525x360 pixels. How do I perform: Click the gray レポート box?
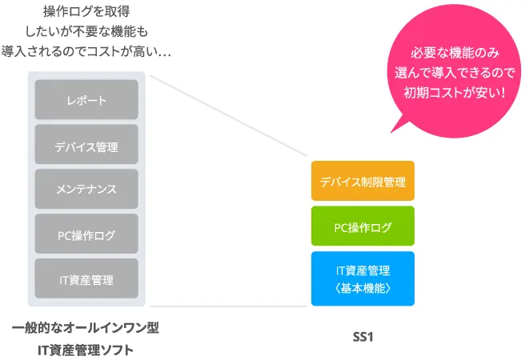pyautogui.click(x=86, y=100)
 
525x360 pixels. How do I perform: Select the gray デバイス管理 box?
pyautogui.click(x=86, y=146)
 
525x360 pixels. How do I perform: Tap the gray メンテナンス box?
pyautogui.click(x=86, y=190)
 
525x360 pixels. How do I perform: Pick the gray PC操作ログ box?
pyautogui.click(x=86, y=234)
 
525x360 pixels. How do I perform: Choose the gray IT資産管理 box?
pyautogui.click(x=86, y=279)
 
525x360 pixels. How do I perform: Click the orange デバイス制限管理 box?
pyautogui.click(x=363, y=182)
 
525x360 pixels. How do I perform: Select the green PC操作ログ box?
pyautogui.click(x=363, y=227)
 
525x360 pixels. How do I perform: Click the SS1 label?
pyautogui.click(x=363, y=337)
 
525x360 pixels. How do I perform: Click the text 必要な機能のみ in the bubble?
pyautogui.click(x=455, y=54)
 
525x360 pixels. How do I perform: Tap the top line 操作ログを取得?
pyautogui.click(x=87, y=12)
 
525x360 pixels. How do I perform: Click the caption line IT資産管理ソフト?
pyautogui.click(x=86, y=350)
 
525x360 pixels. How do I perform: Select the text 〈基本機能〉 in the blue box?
pyautogui.click(x=363, y=286)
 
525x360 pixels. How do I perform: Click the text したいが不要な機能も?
pyautogui.click(x=87, y=32)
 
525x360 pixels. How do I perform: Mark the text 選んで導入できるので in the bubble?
pyautogui.click(x=455, y=72)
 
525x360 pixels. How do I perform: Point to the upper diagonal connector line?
pyautogui.click(x=228, y=116)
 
